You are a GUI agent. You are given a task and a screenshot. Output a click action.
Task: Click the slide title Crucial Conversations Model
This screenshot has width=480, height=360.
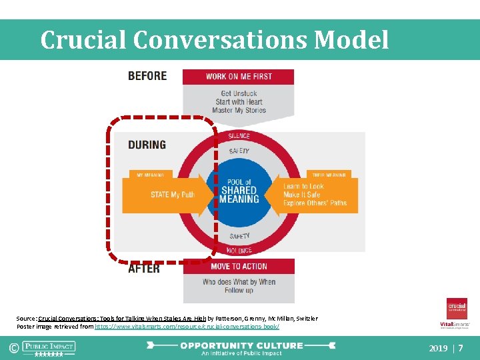(214, 40)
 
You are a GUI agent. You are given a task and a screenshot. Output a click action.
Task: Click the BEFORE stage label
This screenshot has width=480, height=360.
(147, 75)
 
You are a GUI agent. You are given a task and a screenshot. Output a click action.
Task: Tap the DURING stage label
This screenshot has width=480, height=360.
(147, 144)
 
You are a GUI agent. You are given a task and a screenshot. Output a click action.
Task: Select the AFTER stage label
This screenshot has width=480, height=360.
(144, 268)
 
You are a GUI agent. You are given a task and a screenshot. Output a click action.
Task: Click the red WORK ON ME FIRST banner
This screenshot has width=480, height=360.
(239, 76)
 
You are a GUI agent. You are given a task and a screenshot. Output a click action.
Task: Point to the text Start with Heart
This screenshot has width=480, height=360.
(239, 101)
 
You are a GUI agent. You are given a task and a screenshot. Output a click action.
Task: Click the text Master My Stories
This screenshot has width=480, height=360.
(239, 110)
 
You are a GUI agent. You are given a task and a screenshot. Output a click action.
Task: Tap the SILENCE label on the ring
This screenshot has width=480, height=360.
(239, 136)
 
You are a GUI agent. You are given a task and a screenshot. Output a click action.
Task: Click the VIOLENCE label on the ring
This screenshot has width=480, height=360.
(239, 251)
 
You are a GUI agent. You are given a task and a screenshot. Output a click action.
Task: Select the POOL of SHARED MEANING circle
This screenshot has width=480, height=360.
(239, 191)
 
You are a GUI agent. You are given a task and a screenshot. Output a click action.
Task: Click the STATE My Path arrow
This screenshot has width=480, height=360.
(172, 195)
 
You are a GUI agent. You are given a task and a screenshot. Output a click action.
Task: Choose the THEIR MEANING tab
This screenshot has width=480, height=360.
(327, 175)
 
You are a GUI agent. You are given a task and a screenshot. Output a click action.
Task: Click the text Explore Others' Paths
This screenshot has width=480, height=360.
(315, 203)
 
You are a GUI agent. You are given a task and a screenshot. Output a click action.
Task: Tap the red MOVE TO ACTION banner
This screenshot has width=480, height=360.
(239, 267)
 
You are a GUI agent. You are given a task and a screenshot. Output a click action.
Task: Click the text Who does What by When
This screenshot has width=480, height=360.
(239, 281)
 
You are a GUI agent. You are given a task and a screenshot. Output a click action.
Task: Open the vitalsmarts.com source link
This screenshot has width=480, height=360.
(187, 327)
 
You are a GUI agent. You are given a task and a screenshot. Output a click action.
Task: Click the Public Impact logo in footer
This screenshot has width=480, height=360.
(49, 347)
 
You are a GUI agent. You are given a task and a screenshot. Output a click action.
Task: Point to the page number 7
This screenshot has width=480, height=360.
(461, 348)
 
